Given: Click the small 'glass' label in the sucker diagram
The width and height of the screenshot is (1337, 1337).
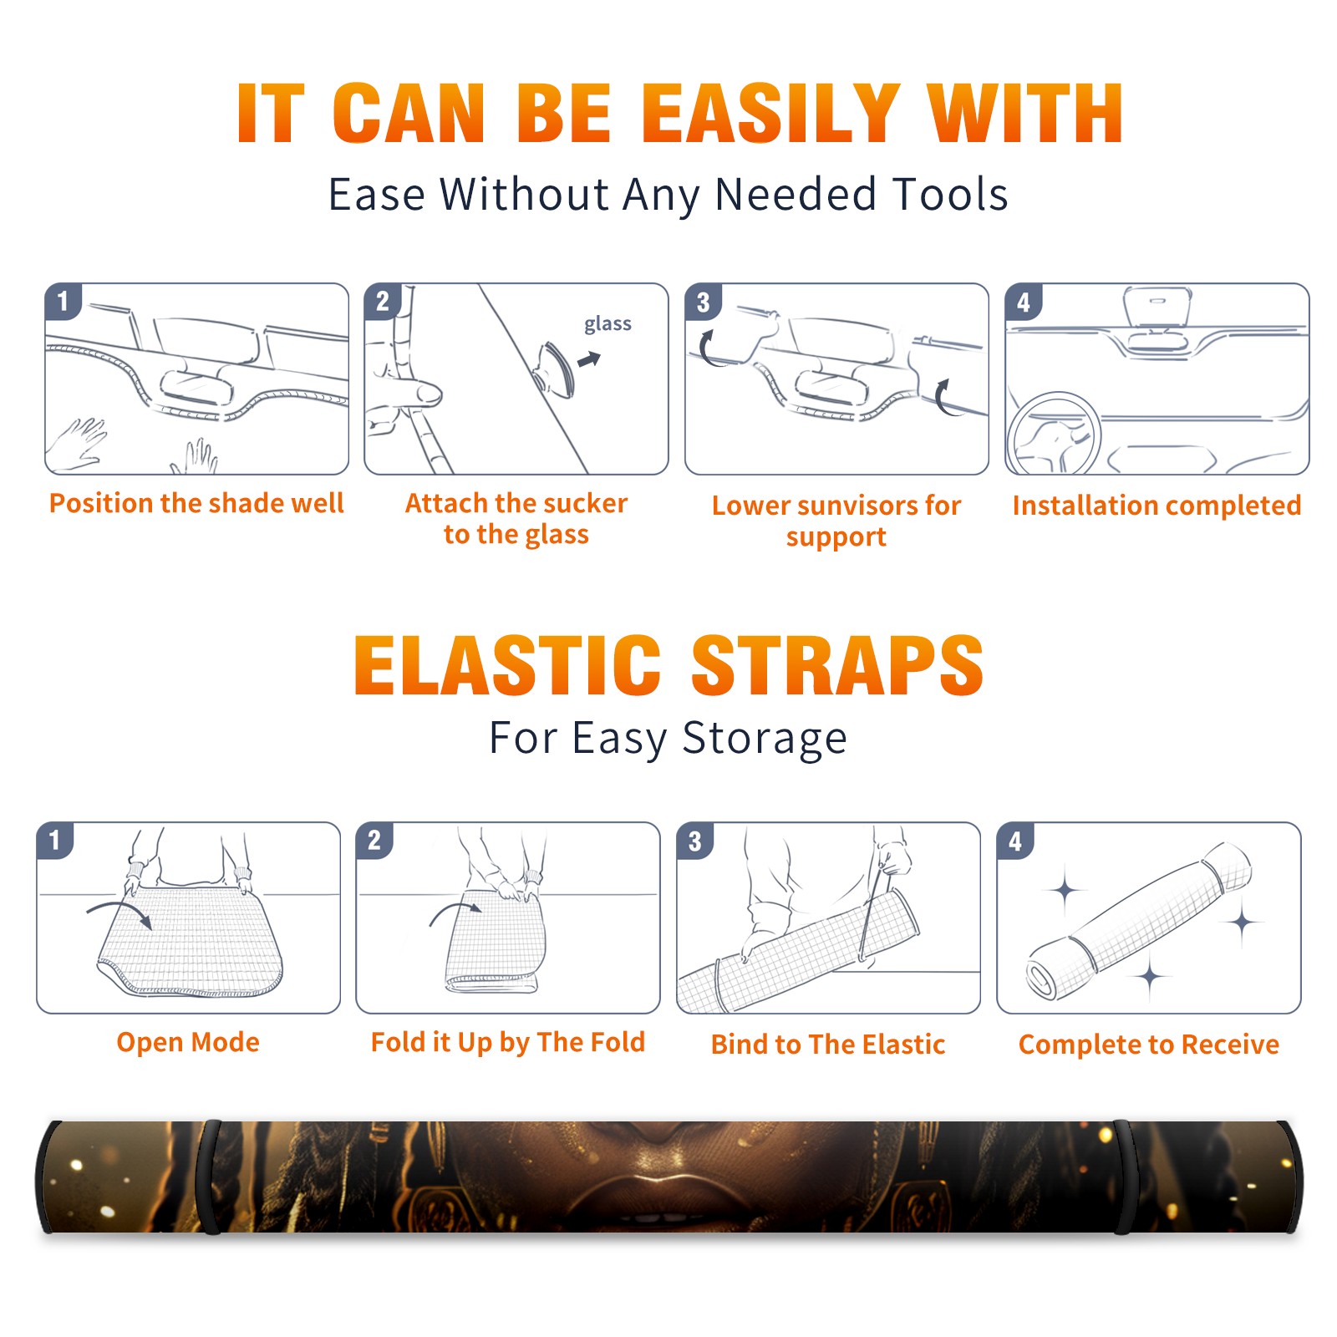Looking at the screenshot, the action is [607, 323].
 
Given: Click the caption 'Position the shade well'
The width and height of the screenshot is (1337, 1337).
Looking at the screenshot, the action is [196, 503].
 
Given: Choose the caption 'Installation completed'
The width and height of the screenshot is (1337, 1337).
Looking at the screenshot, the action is [1157, 505].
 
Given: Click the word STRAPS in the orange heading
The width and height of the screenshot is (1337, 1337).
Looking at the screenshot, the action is [837, 665].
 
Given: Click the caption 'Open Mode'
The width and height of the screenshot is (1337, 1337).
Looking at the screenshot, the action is [188, 1042].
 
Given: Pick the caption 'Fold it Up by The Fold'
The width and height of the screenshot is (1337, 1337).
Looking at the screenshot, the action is [508, 1042].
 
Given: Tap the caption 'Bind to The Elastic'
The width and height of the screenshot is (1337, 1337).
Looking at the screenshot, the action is [828, 1045].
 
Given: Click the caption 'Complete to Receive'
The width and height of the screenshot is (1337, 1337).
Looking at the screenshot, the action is [1149, 1045].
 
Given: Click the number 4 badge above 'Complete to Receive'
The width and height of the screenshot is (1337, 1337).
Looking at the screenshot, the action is [1015, 841].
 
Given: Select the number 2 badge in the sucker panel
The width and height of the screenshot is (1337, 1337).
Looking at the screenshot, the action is [383, 301].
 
